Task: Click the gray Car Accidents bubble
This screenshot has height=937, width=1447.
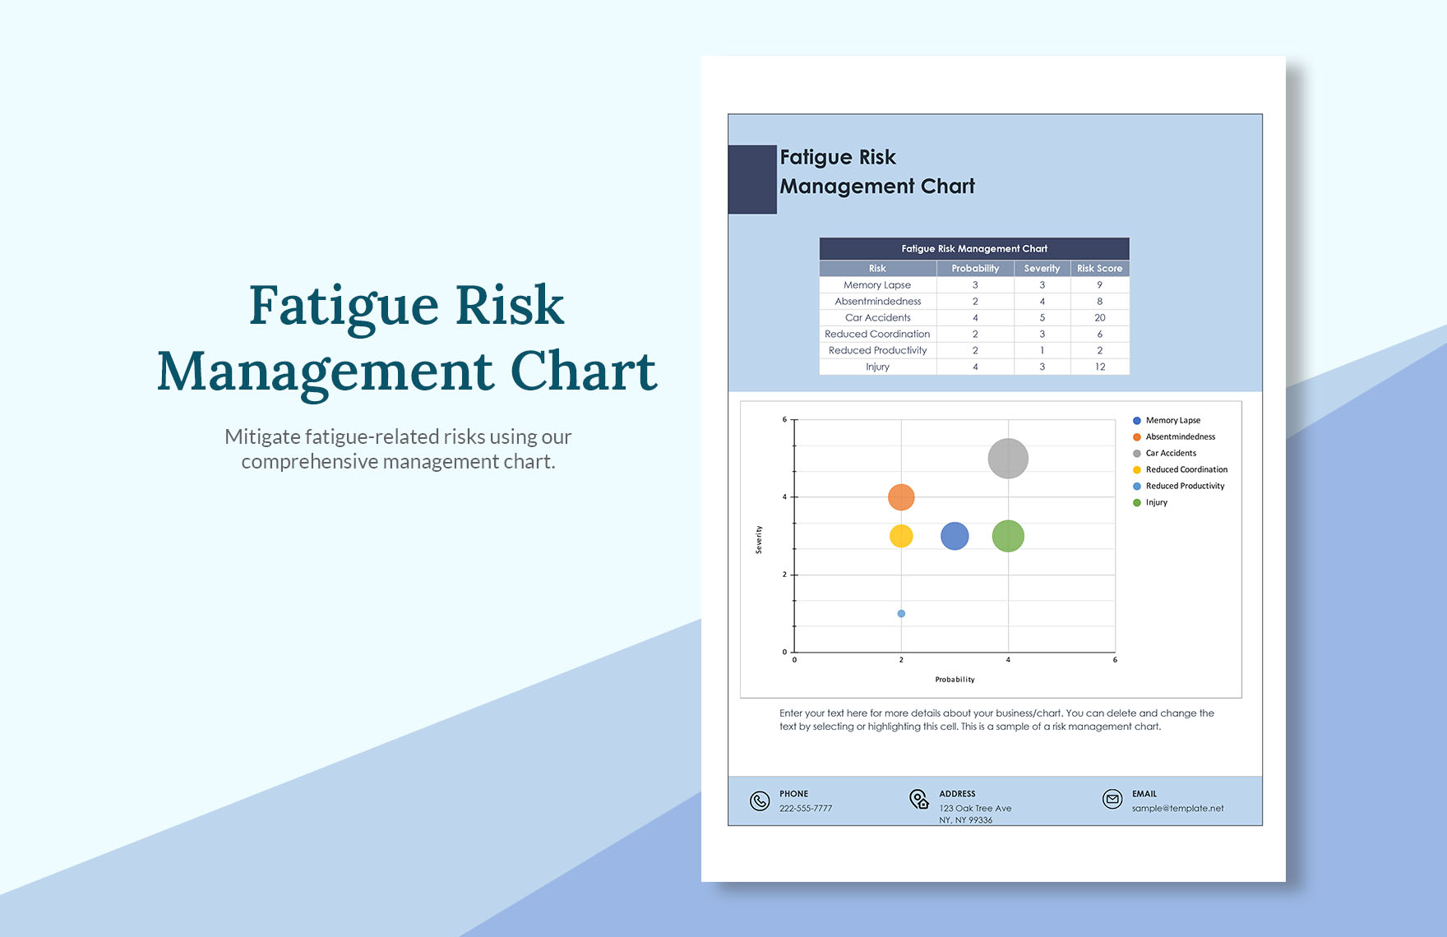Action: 1008,459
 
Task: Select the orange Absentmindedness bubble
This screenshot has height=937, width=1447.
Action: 901,497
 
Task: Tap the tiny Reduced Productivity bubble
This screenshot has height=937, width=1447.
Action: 901,614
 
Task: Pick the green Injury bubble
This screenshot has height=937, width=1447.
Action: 1008,537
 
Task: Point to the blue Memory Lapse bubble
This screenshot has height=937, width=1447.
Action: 955,537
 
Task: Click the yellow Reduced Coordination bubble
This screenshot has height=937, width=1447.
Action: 901,537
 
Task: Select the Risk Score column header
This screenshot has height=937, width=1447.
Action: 1099,269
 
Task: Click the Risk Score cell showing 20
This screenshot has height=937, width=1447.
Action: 1099,318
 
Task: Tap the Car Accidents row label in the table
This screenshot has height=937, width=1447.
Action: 877,318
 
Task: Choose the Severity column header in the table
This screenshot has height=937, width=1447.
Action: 1042,269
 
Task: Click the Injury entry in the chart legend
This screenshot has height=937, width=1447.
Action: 1156,503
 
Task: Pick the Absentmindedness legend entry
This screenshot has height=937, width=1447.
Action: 1180,437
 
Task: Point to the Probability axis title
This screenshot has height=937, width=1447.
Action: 955,680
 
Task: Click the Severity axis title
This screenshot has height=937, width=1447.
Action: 759,539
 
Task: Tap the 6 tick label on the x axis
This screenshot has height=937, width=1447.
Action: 1115,660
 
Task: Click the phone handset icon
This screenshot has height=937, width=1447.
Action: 760,801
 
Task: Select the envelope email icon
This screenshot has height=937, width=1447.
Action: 1112,799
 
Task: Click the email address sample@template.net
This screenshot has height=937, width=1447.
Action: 1177,809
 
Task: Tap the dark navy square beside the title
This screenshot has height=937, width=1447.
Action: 752,179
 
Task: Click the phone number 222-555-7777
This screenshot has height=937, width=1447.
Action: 806,809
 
